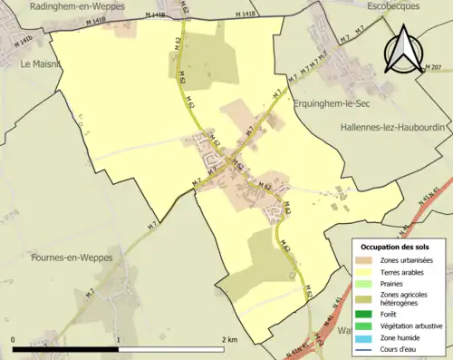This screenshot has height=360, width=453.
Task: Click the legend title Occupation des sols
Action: (x=396, y=247)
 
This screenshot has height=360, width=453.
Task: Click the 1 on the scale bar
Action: (x=119, y=338)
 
